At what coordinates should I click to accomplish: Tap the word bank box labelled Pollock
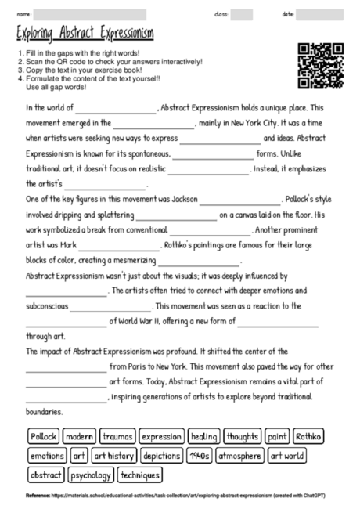[x=43, y=436]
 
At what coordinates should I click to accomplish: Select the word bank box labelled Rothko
[x=309, y=436]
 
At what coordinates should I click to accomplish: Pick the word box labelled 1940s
[x=200, y=455]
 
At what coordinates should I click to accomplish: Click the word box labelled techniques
[x=141, y=475]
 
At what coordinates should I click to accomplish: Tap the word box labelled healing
[x=203, y=436]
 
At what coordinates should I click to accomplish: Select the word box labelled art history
[x=114, y=455]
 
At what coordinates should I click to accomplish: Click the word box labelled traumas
[x=117, y=436]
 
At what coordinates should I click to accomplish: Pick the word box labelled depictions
[x=162, y=455]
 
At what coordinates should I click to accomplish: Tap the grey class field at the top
[x=242, y=15]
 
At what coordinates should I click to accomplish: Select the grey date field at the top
[x=319, y=15]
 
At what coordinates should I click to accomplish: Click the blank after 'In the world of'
[x=116, y=110]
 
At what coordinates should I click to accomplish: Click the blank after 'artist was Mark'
[x=128, y=245]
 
